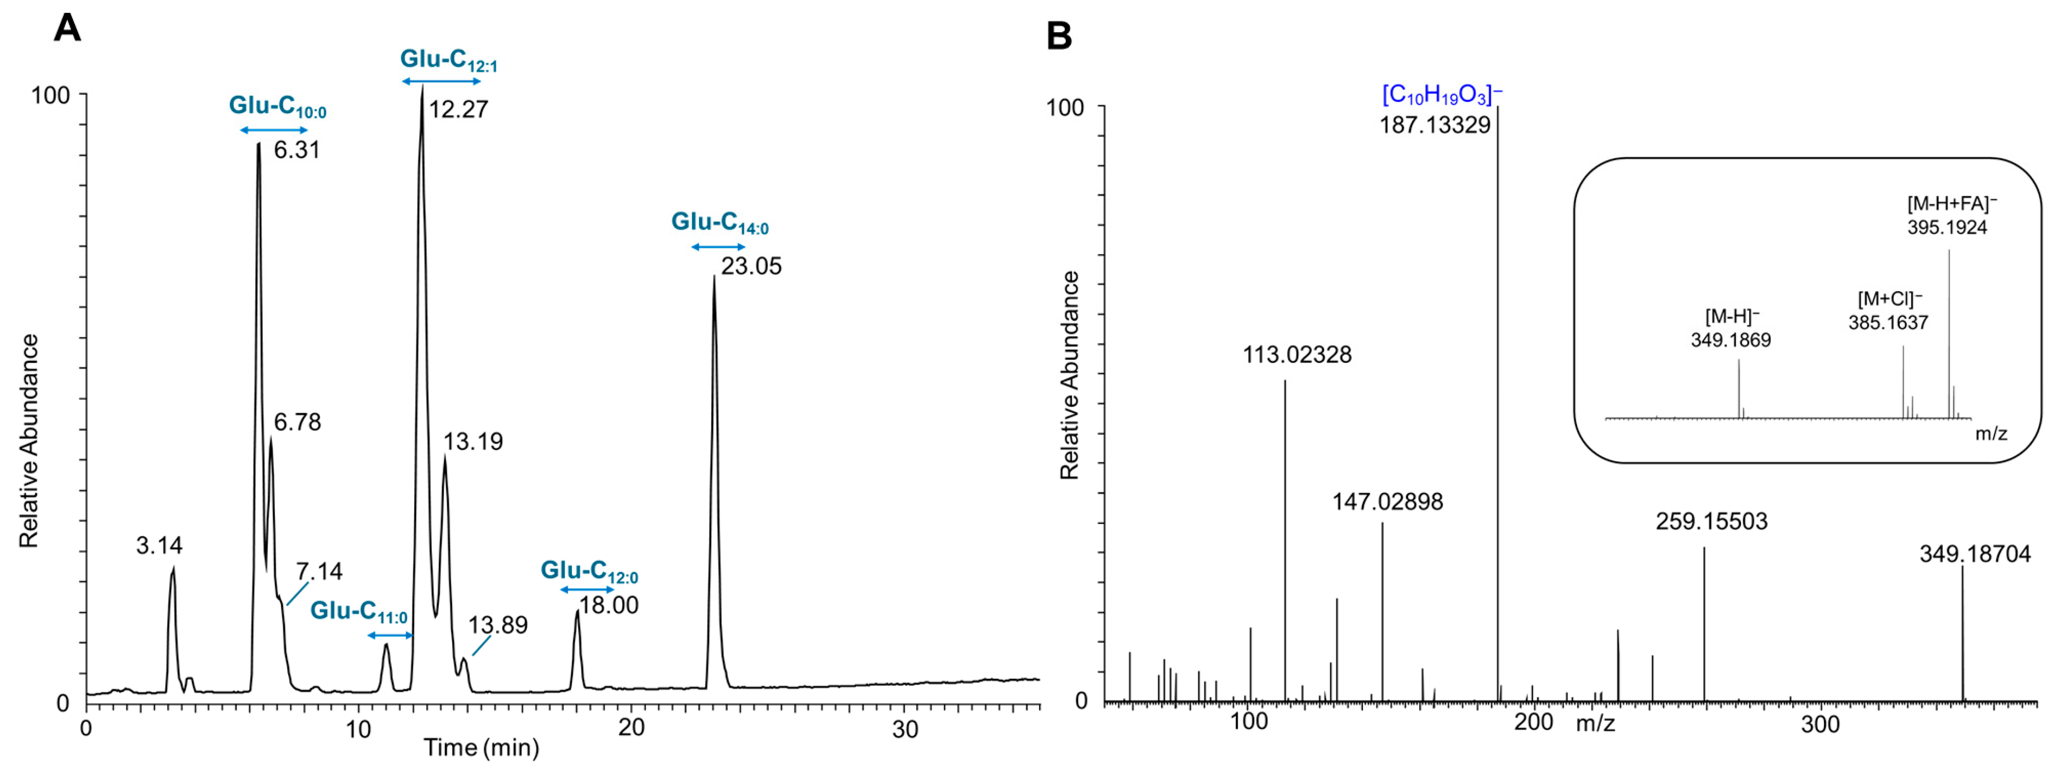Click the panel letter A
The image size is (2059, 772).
click(67, 29)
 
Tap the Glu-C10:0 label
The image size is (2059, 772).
click(277, 106)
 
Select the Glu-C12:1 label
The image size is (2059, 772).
click(448, 60)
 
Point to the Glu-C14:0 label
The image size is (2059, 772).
click(719, 223)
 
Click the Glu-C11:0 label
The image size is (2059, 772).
click(359, 611)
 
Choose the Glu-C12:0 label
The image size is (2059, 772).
click(589, 571)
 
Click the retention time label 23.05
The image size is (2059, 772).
click(752, 266)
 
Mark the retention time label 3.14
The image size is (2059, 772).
click(159, 546)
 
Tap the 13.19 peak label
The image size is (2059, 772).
click(473, 442)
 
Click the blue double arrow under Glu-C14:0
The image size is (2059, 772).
click(718, 247)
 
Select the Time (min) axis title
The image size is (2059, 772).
click(481, 747)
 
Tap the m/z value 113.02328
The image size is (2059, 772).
click(1297, 355)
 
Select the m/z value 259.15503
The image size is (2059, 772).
click(1711, 522)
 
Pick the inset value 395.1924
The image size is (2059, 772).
click(1947, 228)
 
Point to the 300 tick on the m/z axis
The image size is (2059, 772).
click(1820, 725)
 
